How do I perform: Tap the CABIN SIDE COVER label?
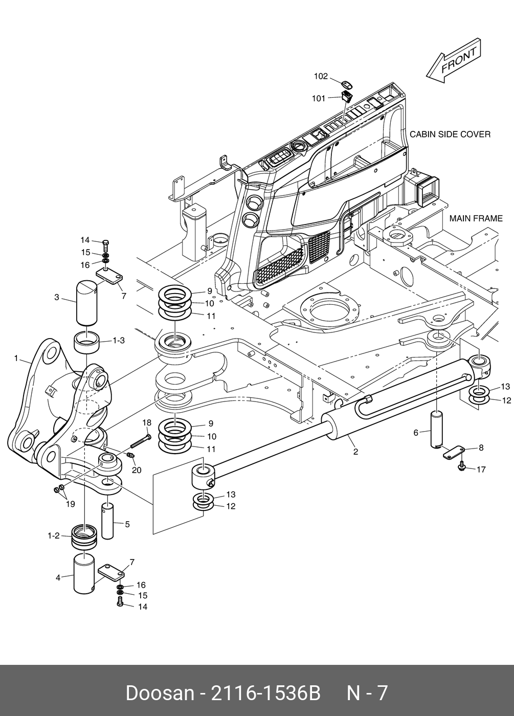tap(450, 135)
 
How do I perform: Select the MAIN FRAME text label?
tap(476, 218)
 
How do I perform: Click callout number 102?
tap(321, 77)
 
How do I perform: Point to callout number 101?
tap(319, 98)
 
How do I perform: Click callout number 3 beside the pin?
tap(57, 297)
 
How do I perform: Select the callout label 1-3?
tap(119, 340)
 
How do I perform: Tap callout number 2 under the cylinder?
tap(355, 452)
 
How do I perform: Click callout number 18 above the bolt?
tap(147, 422)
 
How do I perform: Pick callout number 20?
tap(137, 470)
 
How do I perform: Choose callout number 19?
tap(70, 504)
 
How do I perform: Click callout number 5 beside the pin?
tap(127, 524)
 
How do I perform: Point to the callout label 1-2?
tap(54, 535)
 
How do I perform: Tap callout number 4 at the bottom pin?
tap(58, 578)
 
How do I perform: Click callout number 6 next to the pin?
tap(416, 433)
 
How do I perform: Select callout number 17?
tap(481, 469)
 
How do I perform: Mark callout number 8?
tap(481, 447)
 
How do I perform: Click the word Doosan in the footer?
tap(160, 693)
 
